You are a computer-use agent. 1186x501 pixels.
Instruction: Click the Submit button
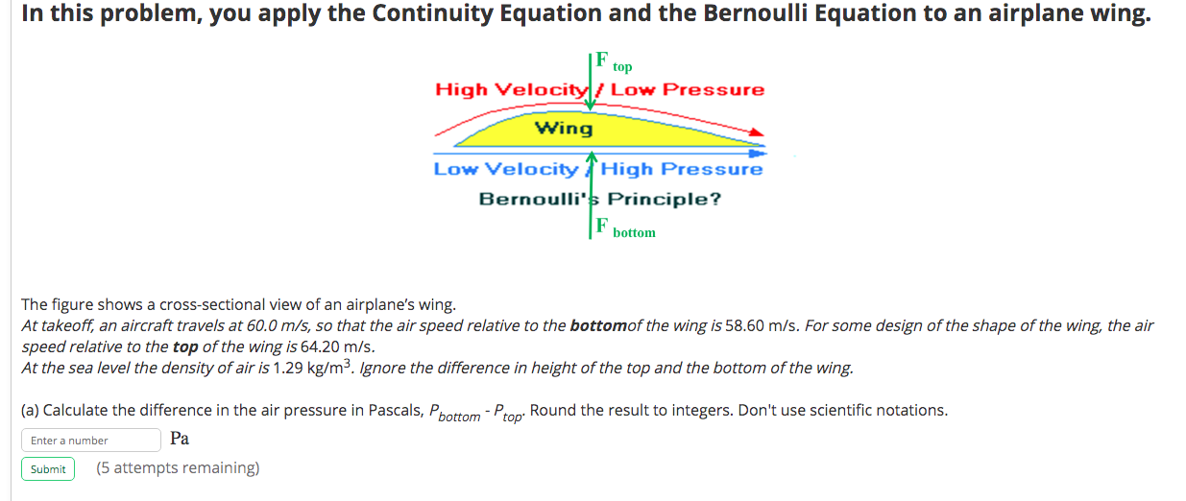48,469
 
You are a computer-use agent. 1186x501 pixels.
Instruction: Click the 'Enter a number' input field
90,441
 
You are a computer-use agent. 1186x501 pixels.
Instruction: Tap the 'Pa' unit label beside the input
180,440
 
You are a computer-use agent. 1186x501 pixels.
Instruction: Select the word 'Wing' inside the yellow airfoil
564,129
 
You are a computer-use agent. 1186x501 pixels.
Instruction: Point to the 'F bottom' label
624,229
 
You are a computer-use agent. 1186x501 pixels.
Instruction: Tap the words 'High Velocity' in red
510,90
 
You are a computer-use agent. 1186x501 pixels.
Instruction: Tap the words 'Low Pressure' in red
688,90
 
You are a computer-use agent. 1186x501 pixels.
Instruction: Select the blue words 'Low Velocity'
505,170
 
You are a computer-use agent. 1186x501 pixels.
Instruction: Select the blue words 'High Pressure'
682,170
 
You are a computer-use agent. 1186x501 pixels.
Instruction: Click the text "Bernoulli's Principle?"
599,200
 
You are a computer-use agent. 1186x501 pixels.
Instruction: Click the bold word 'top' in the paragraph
184,347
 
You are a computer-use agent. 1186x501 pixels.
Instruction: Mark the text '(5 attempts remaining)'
178,468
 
